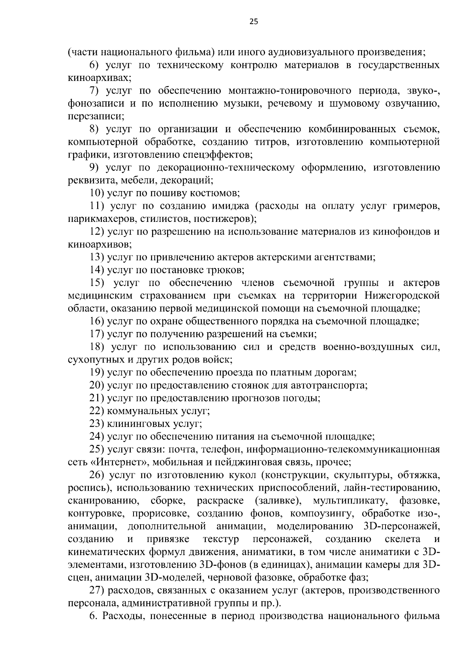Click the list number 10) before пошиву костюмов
point(97,193)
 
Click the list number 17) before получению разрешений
point(97,334)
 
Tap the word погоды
point(306,398)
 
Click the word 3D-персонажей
point(401,526)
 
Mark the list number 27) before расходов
point(97,590)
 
